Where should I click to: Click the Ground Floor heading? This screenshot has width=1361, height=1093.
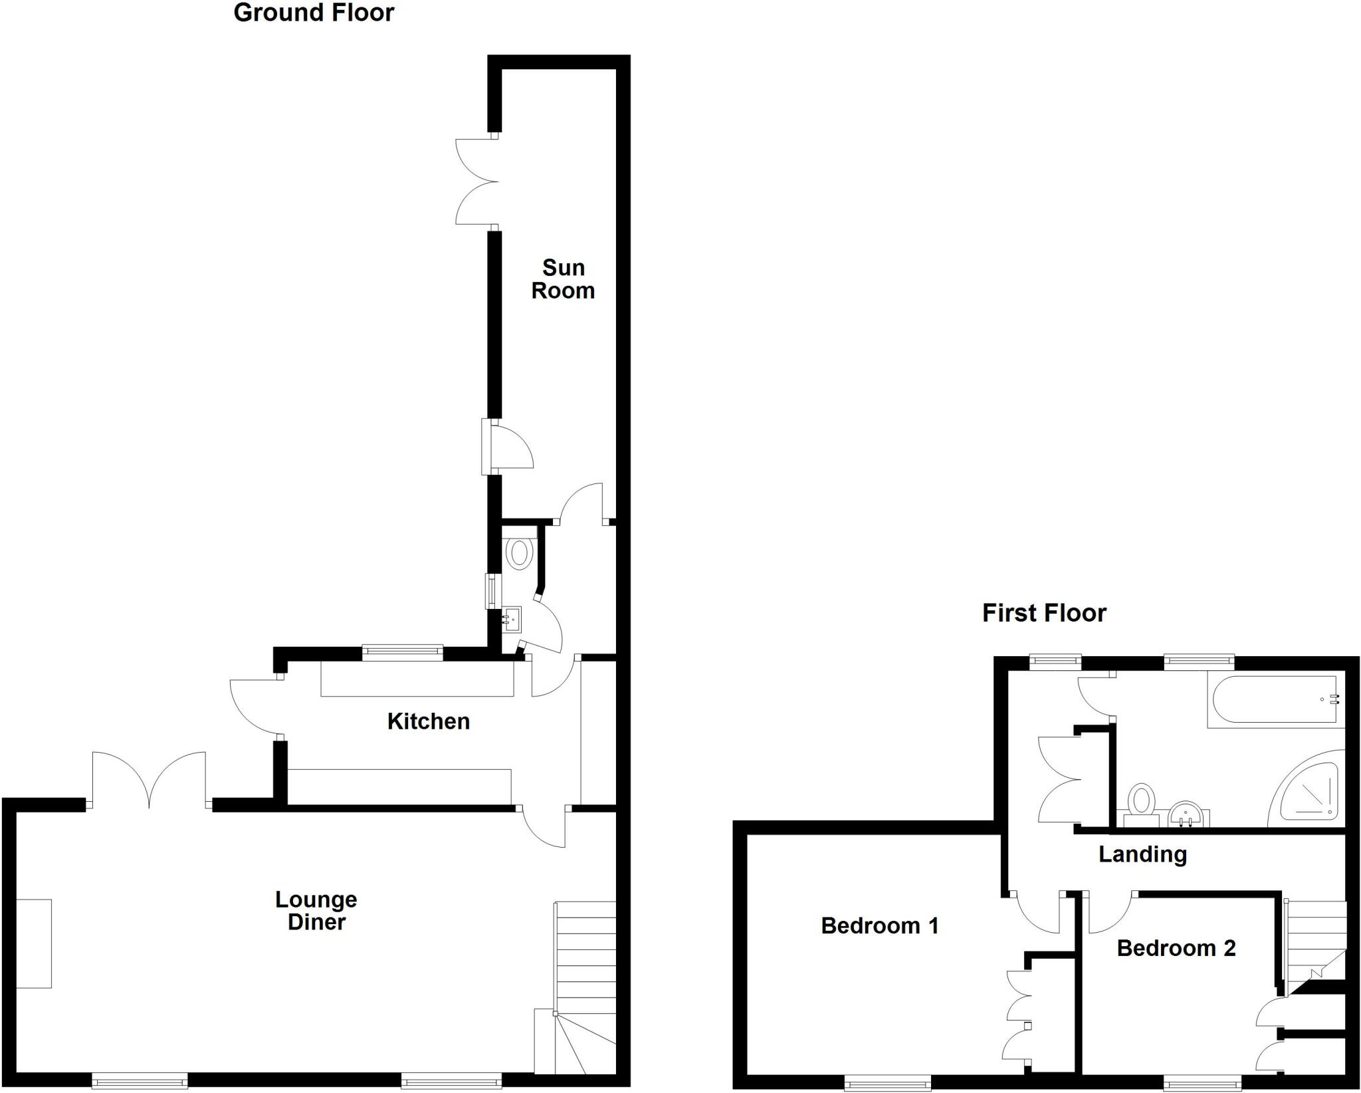coord(314,13)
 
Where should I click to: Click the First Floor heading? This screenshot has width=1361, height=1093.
coord(1044,613)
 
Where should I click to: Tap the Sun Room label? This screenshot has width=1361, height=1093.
coord(563,279)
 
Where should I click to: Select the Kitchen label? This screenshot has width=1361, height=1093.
coord(429,721)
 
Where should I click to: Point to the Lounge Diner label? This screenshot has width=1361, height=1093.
coord(316,911)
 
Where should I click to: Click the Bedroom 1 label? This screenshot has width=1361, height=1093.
coord(880,925)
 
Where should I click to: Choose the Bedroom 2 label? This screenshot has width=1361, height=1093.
coord(1176,948)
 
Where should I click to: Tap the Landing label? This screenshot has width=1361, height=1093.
coord(1142,854)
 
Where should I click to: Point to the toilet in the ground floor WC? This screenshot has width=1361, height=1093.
coord(519,552)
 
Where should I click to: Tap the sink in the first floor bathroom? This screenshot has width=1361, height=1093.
coord(1187,814)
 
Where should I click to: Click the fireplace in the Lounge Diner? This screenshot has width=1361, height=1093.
coord(34,943)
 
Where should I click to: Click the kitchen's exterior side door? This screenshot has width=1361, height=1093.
coord(254,707)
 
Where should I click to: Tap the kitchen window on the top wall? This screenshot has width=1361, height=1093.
coord(402,652)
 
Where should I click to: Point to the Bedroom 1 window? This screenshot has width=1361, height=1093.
coord(888,1084)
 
